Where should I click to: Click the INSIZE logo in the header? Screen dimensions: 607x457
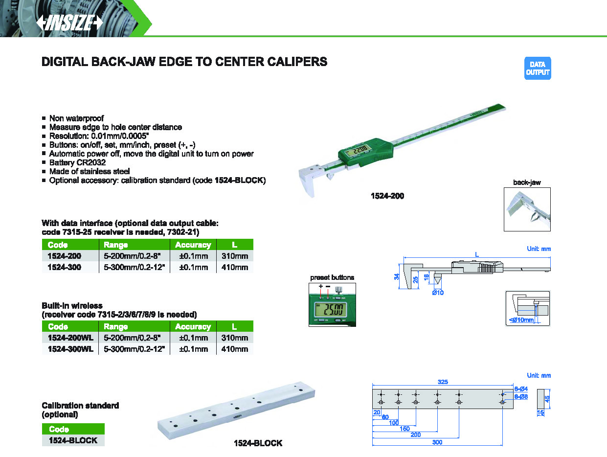click(69, 23)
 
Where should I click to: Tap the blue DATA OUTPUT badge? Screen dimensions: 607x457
click(538, 68)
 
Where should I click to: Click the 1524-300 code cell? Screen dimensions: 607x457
click(64, 267)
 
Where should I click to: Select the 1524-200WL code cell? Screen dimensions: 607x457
click(70, 338)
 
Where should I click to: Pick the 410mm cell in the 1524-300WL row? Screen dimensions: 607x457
click(234, 349)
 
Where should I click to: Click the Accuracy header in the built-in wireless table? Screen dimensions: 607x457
click(193, 327)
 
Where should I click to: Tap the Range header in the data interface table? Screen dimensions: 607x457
click(115, 245)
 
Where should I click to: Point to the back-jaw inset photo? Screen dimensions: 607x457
click(527, 209)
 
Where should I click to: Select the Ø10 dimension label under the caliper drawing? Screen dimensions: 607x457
click(438, 293)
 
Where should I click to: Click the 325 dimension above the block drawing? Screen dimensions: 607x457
click(443, 382)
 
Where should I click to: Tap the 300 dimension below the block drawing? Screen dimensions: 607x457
click(437, 442)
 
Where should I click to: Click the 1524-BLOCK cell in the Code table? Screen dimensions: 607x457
click(73, 440)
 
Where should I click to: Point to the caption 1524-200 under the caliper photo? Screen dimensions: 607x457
click(387, 196)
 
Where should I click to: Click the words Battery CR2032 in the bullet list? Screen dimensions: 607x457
click(77, 162)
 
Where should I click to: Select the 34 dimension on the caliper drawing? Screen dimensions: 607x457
click(397, 276)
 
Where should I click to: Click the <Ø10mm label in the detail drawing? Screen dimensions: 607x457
click(521, 320)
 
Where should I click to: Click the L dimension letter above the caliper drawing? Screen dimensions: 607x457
click(477, 254)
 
